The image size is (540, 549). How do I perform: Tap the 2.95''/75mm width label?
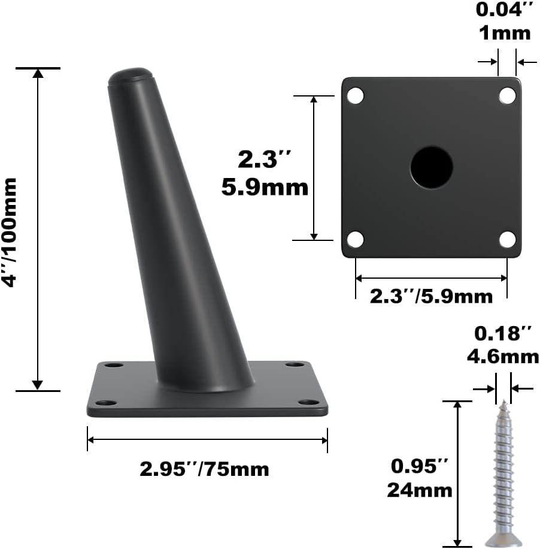coord(204,468)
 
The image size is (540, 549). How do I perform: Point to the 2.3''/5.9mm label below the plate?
coord(431,295)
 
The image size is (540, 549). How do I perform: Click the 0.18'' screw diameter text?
coord(503,334)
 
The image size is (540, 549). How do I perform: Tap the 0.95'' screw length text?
coord(420,466)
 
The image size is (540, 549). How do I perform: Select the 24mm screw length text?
coord(420,490)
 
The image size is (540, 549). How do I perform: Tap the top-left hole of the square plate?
coord(356,95)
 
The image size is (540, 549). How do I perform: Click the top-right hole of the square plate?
coord(507,95)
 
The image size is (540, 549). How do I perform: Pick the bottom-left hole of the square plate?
coord(356,240)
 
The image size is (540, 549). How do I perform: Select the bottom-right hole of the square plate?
coord(507,240)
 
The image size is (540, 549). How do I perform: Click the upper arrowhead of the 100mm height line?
coord(38,73)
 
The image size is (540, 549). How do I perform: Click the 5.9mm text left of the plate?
coord(265,188)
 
